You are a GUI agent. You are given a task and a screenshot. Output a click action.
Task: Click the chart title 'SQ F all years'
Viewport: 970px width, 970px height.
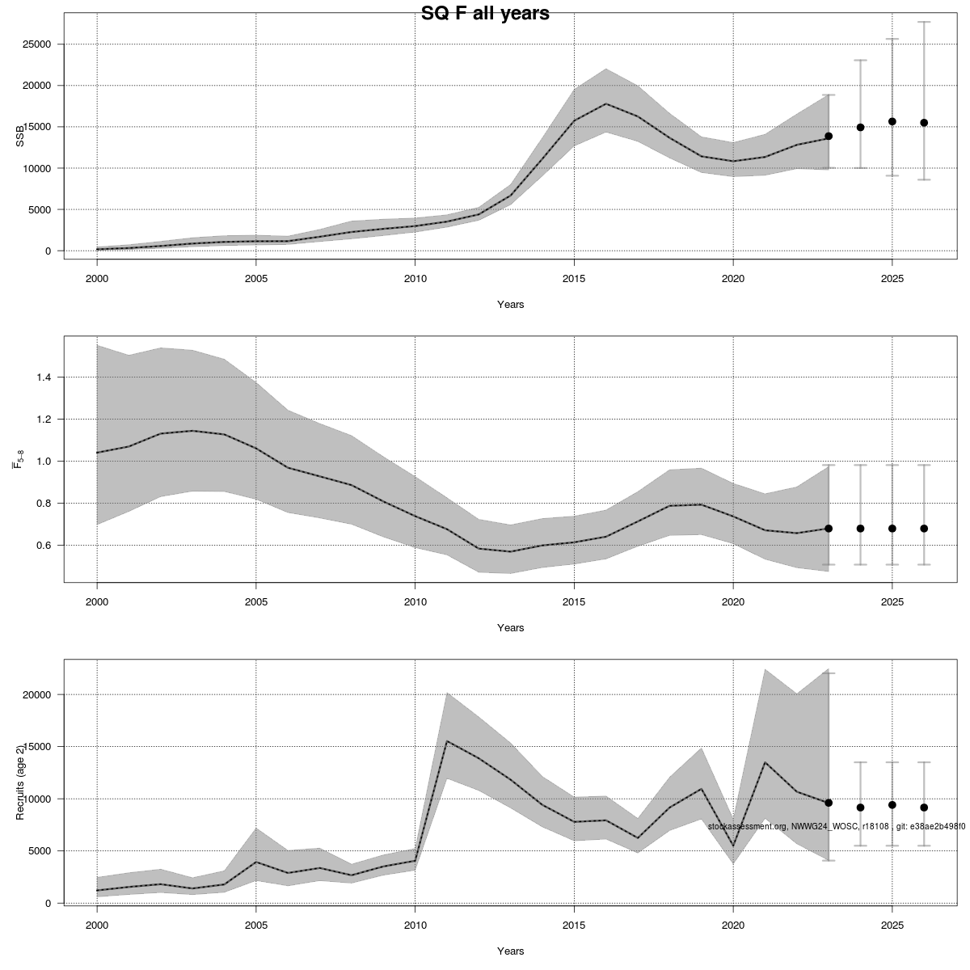(485, 13)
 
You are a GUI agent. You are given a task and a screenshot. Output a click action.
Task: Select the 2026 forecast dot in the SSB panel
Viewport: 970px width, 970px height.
(924, 123)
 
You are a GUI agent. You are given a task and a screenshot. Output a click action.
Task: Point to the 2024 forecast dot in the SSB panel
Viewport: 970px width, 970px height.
(860, 127)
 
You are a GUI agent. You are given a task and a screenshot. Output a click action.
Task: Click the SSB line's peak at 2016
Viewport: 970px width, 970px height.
(605, 104)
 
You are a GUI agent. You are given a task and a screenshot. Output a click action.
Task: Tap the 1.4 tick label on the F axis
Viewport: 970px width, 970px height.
(43, 377)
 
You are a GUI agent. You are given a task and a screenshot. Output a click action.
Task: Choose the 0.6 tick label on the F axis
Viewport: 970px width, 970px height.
(43, 546)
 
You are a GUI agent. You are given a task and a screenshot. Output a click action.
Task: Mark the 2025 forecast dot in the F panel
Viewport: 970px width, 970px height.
(892, 529)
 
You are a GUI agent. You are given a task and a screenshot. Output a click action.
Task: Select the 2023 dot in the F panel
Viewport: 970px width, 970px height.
(829, 529)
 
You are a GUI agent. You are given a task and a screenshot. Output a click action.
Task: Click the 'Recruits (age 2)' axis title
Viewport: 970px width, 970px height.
(20, 782)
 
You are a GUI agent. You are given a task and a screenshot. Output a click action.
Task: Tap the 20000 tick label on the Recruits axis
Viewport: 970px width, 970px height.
(36, 695)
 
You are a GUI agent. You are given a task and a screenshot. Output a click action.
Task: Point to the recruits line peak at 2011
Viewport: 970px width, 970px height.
(447, 741)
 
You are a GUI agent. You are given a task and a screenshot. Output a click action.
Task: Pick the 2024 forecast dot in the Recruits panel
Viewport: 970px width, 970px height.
(860, 808)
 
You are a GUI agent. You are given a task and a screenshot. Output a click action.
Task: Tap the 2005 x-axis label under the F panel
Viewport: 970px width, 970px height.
(256, 601)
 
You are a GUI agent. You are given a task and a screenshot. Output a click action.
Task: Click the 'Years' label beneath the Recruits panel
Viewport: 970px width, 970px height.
(510, 951)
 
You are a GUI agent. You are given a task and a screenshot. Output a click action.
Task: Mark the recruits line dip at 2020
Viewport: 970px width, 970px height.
(733, 846)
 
